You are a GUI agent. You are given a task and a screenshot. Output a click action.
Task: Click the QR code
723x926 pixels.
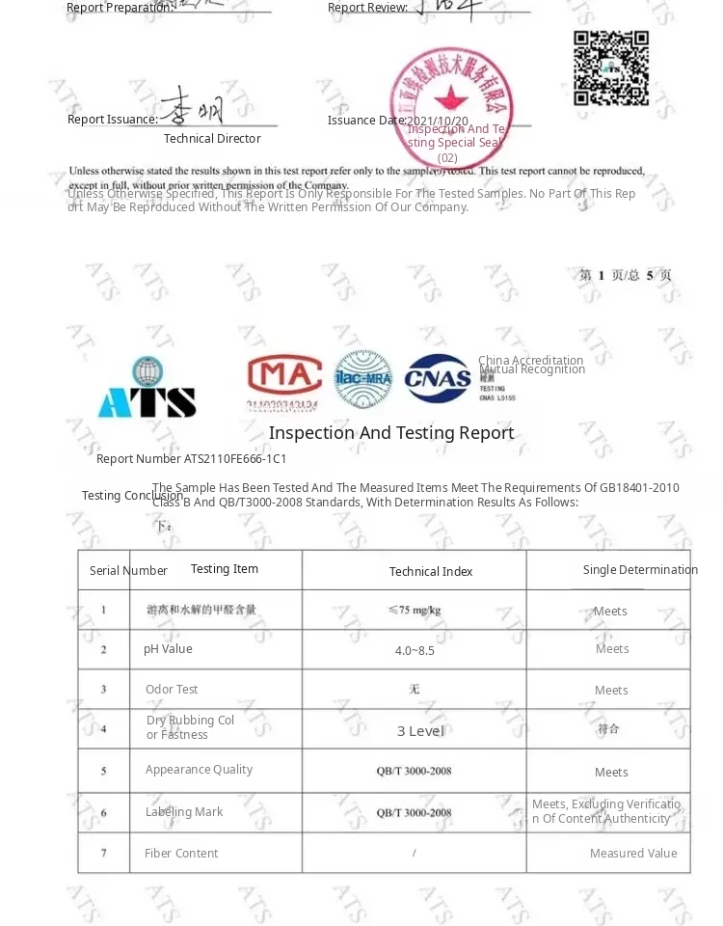pos(611,68)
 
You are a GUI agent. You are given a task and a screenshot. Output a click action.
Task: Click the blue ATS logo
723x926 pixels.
pos(147,388)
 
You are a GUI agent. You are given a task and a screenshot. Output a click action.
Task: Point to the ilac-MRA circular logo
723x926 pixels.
pos(363,379)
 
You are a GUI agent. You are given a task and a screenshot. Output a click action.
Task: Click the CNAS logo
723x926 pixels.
pos(437,379)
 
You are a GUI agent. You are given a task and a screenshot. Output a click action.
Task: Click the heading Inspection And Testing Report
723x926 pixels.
pos(391,433)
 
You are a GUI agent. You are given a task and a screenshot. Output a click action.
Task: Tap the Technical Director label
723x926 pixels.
pos(212,139)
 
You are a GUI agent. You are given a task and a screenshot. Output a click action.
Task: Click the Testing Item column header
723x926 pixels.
pos(225,569)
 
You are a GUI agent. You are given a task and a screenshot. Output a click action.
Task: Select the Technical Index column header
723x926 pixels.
pos(431,572)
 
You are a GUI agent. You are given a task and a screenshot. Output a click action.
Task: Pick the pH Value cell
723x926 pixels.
pos(168,649)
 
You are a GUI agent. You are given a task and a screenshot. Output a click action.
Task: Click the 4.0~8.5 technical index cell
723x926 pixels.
pos(415,651)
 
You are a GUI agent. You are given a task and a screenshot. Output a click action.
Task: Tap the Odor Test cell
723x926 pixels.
pos(172,690)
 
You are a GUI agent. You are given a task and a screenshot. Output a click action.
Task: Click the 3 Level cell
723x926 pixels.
pos(420,731)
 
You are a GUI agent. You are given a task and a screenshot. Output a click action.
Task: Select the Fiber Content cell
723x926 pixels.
pos(181,854)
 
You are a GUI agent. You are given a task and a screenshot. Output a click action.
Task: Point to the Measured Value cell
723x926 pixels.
pos(633,854)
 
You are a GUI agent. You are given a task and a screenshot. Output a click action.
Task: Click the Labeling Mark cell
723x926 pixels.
pos(184,812)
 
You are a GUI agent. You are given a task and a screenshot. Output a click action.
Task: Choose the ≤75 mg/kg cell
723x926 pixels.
pos(415,611)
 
